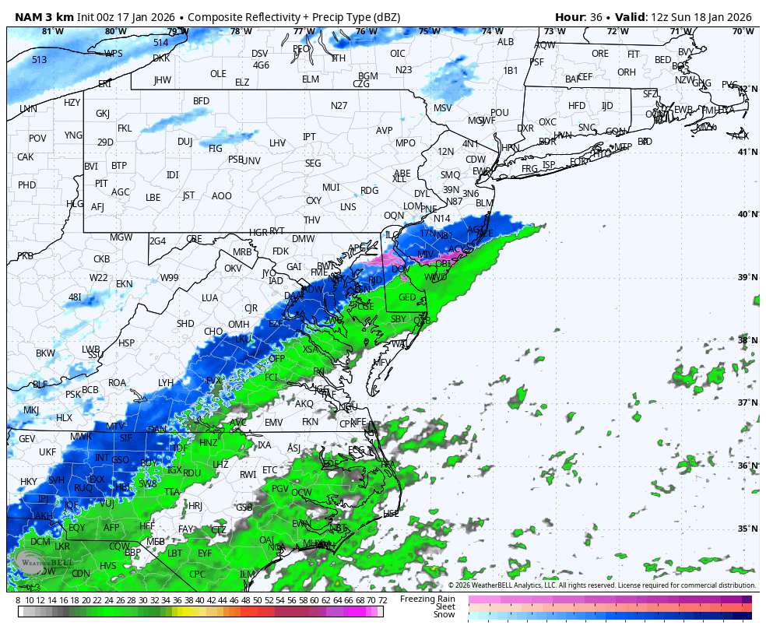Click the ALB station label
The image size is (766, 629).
[505, 42]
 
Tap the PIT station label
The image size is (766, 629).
[101, 184]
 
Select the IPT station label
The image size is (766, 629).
[309, 137]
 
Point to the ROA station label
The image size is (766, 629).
[117, 382]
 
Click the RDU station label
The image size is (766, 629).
[192, 473]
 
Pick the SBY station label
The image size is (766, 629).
[399, 318]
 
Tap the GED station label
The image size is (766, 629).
[407, 297]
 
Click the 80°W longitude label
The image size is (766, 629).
[115, 31]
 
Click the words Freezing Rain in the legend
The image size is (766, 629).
[427, 599]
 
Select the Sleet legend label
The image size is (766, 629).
[444, 606]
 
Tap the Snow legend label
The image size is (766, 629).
[444, 614]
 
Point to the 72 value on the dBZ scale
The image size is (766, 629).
[382, 600]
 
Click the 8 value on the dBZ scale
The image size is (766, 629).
[18, 600]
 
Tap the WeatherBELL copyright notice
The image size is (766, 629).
[601, 585]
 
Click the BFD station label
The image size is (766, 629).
[201, 101]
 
